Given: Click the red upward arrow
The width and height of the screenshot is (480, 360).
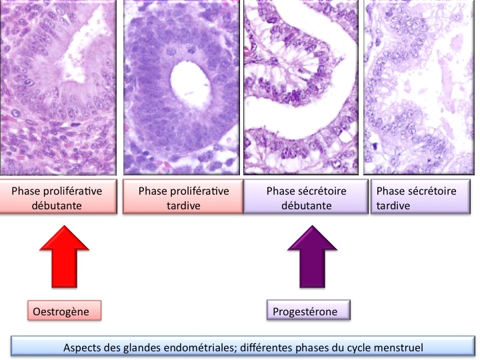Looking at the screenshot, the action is pos(64,257).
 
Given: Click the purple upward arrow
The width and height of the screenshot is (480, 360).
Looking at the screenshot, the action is pos(312,257).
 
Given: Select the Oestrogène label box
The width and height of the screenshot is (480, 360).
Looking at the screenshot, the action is pos(64,311).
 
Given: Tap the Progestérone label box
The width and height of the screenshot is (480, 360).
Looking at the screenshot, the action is pos(309,310).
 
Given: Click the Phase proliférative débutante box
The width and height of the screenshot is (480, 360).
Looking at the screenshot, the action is pos(58,197).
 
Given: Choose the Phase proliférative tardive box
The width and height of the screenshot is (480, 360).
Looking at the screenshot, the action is pos(183,197).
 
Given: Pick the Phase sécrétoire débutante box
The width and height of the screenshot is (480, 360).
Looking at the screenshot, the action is pos(306,197).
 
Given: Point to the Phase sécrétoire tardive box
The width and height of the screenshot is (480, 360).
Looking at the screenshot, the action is pos(421,197).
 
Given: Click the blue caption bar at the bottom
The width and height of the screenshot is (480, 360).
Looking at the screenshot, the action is pos(243,347).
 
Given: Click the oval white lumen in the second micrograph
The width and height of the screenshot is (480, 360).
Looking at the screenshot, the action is pos(191,85).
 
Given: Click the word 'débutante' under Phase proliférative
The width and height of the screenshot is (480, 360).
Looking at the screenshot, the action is pos(57,205).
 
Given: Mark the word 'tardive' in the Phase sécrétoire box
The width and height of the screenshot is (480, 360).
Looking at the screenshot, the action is pos(393,205).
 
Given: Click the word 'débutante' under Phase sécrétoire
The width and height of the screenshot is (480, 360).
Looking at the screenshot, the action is pos(307,205).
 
